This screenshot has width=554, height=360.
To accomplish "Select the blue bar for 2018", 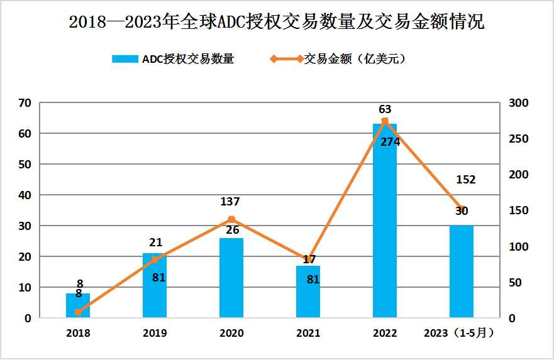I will (78, 305).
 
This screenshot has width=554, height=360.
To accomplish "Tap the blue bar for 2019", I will (155, 286).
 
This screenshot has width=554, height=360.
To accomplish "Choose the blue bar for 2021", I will (308, 292).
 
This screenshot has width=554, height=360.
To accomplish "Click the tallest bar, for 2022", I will (385, 221).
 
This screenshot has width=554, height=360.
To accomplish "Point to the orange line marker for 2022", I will (385, 121).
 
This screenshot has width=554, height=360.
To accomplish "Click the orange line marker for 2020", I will (231, 219).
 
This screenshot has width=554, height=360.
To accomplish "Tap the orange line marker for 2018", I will (78, 312).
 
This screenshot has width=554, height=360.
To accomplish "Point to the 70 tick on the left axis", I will (25, 102).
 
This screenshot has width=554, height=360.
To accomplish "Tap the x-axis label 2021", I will (308, 333).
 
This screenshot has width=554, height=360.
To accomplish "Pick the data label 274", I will (390, 142).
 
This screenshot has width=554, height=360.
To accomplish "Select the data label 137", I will (230, 202).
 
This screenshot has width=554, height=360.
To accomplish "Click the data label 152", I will (465, 180).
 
